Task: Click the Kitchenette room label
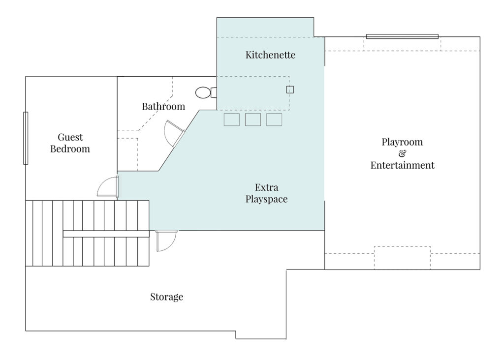point(270,55)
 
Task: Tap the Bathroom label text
point(163,106)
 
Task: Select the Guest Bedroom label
point(70,143)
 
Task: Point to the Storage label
point(166,297)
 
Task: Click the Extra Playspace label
point(266,193)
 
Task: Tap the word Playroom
point(402,142)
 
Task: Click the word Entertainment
point(402,165)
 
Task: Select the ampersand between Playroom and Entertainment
point(402,154)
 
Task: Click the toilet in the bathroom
point(204,92)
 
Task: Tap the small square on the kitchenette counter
point(290,90)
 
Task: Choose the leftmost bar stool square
point(231,120)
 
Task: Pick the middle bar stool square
point(252,120)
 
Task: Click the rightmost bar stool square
point(274,120)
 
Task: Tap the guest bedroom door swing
point(108,187)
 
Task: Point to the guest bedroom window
point(26,138)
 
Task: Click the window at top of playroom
point(402,36)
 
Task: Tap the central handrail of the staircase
point(106,234)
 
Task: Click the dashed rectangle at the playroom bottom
point(402,257)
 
